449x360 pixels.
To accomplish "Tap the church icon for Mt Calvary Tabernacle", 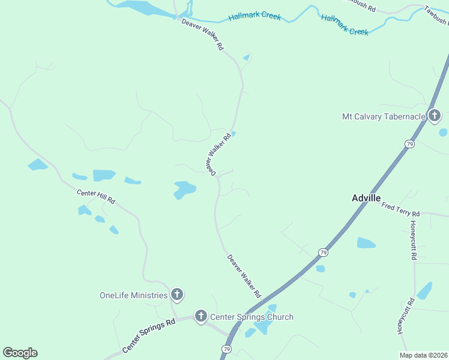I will click(435, 116).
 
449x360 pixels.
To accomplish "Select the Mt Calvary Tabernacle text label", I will click(383, 116).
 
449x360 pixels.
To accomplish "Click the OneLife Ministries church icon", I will click(177, 295).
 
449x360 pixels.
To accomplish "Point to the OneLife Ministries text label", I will click(133, 295).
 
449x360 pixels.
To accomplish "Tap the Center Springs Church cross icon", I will click(200, 316).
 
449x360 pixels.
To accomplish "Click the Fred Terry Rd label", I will click(401, 209).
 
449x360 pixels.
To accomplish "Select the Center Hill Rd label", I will click(95, 196).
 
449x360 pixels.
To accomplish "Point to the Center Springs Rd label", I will click(148, 335).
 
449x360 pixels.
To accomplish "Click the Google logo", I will click(20, 353).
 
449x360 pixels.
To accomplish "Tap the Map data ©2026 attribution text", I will click(424, 355).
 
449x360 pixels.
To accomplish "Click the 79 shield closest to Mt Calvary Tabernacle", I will click(409, 144).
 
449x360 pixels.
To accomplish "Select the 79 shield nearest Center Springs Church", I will click(227, 349).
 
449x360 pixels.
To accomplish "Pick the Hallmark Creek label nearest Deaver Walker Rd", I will click(255, 16).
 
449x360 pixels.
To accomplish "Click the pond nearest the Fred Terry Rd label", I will click(366, 242).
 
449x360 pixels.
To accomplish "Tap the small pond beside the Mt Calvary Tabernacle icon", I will click(443, 132).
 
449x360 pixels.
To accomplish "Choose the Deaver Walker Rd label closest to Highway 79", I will click(244, 277).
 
